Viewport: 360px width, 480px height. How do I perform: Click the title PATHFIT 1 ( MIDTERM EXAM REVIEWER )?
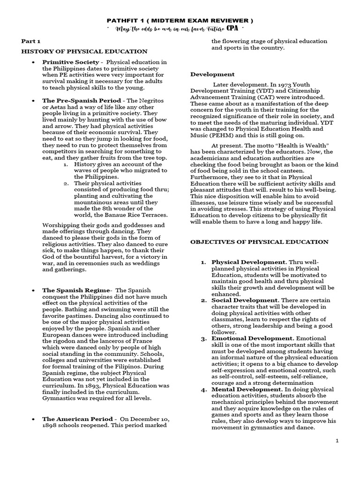tap(180, 21)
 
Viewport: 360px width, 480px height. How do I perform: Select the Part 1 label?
tap(30, 41)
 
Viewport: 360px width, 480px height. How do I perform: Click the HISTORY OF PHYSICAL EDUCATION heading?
tap(84, 51)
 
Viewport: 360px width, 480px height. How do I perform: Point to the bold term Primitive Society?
tap(71, 62)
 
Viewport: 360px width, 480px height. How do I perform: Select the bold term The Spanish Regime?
tap(76, 290)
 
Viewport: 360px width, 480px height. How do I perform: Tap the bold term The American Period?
tap(77, 419)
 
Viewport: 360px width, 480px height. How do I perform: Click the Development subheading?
tap(212, 74)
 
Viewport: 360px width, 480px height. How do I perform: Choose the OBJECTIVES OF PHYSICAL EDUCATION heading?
tap(259, 242)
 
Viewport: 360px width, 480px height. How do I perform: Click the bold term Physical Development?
tap(248, 262)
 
